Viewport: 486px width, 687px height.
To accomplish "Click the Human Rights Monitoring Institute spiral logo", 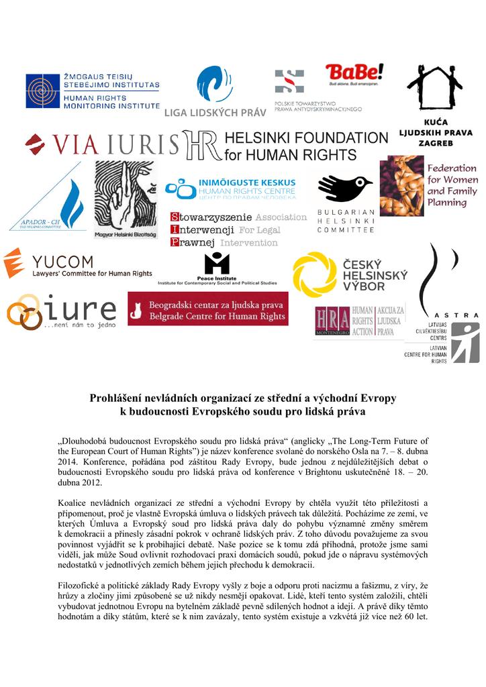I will click(x=43, y=91).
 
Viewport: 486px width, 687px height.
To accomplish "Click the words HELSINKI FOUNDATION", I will click(x=306, y=138).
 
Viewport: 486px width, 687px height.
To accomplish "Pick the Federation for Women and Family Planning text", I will click(x=452, y=185).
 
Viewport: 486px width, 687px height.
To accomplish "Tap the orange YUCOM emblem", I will click(x=14, y=262).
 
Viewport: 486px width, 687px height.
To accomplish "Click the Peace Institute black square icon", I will click(x=217, y=262).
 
